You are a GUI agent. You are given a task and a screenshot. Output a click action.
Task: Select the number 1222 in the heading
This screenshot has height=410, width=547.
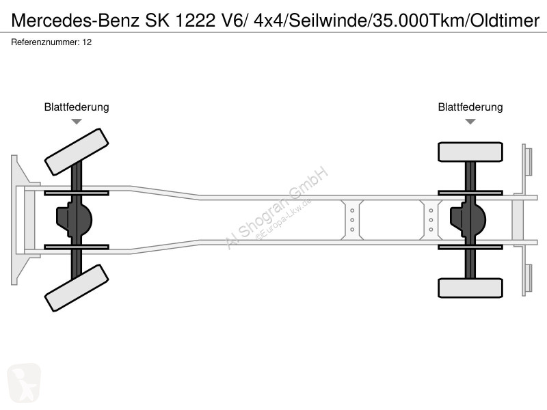(x=195, y=20)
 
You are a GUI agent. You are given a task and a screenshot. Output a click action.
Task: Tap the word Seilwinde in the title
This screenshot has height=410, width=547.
(x=329, y=20)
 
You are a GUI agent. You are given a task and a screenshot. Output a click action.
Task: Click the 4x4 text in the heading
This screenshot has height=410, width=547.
(x=269, y=20)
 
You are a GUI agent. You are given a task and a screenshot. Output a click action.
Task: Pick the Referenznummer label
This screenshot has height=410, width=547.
(x=45, y=42)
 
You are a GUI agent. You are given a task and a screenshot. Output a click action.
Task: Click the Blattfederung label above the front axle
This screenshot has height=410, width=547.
(x=77, y=107)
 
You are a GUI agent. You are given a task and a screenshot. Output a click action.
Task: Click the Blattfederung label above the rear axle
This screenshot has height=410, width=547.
(x=470, y=107)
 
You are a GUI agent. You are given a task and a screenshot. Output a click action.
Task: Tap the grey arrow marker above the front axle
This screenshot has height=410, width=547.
(x=77, y=122)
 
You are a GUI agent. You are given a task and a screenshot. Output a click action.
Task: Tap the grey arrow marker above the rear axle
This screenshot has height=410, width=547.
(x=470, y=122)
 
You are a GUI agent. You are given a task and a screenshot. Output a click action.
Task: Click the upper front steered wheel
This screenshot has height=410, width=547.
(x=77, y=152)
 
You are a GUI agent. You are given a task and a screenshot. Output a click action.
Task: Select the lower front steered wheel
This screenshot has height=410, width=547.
(x=77, y=288)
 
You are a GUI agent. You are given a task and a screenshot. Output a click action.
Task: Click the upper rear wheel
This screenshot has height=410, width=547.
(x=470, y=152)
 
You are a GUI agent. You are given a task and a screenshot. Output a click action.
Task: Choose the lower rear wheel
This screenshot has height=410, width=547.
(x=470, y=288)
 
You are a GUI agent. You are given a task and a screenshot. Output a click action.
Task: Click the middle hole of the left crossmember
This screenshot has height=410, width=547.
(x=352, y=220)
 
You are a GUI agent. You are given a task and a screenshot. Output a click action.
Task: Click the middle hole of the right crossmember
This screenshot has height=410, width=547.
(x=431, y=220)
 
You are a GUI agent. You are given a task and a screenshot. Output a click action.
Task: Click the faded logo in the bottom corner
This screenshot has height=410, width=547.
(x=24, y=383)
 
